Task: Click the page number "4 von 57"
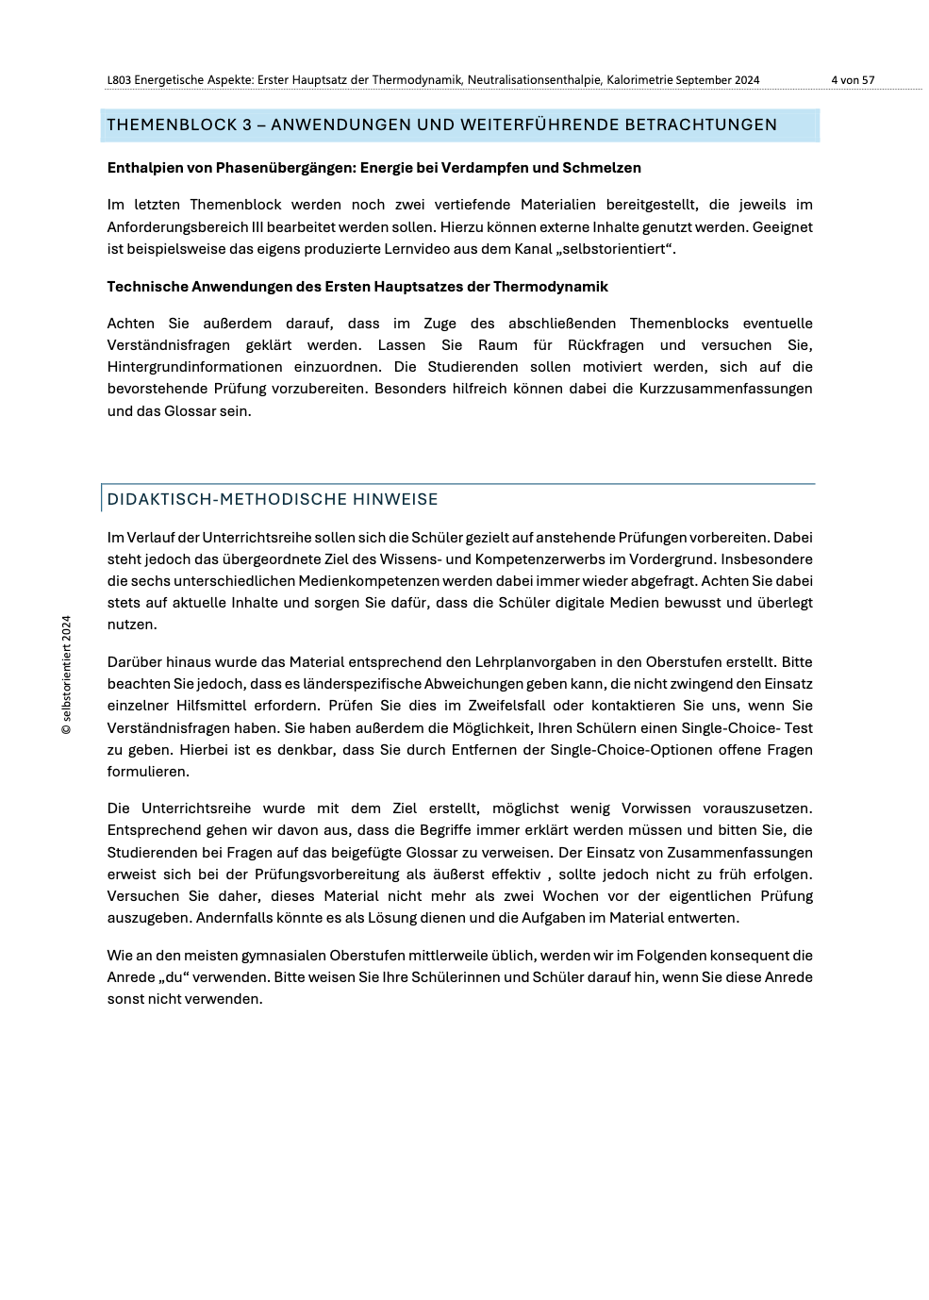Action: pyautogui.click(x=852, y=80)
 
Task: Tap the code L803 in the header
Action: pyautogui.click(x=119, y=80)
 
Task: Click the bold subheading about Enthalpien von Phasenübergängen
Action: pyautogui.click(x=373, y=168)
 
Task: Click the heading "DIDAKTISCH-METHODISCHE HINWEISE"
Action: pyautogui.click(x=273, y=499)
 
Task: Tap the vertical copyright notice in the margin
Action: pyautogui.click(x=66, y=675)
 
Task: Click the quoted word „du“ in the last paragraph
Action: pyautogui.click(x=167, y=977)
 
